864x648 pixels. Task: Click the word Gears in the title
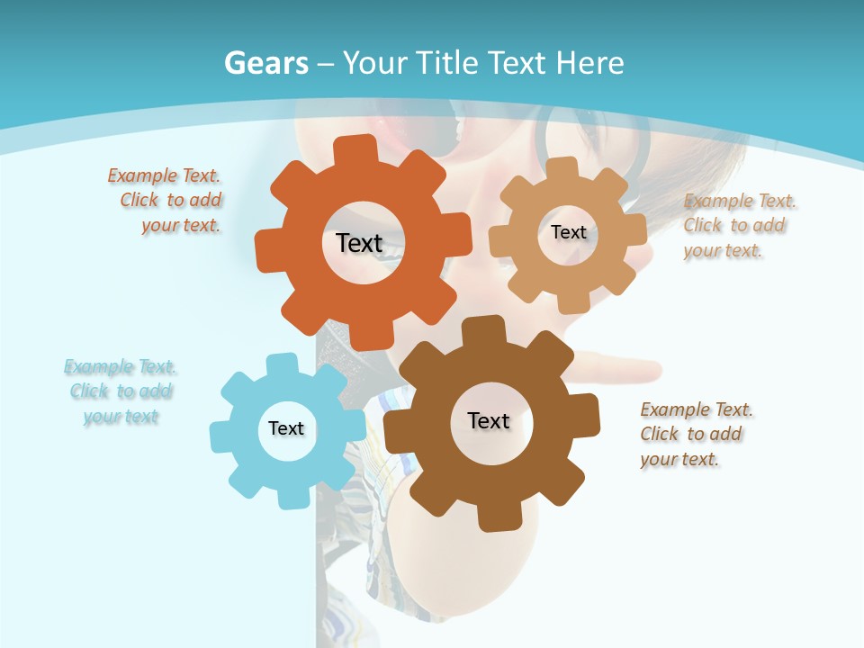coord(266,63)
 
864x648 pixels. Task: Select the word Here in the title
coord(589,63)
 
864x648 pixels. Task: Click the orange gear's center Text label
coord(359,243)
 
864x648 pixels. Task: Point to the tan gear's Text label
coord(568,232)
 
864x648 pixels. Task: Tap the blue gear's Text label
coord(285,428)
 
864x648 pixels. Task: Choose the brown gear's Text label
coord(489,420)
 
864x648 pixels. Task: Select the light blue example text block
coord(121,391)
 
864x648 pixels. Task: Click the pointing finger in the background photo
coord(630,370)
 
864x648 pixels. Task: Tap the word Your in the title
coord(377,63)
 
